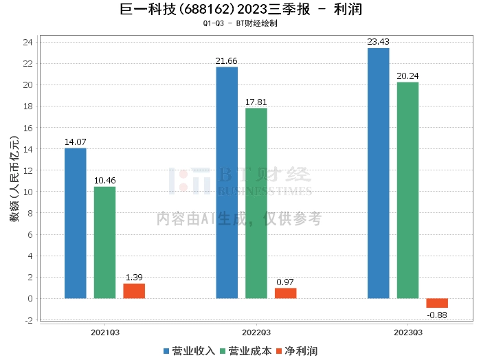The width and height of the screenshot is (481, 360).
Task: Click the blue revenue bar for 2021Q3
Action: [76, 223]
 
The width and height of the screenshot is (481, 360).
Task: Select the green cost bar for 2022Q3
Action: [256, 203]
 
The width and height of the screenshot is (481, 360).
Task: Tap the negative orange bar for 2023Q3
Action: [437, 303]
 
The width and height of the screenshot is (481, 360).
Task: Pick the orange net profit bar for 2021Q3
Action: [134, 291]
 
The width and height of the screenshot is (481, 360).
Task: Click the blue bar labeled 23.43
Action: [378, 173]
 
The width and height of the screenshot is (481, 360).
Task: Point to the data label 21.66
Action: [226, 61]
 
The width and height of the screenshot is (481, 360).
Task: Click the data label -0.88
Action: [437, 315]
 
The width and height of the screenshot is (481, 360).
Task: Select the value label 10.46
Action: [105, 181]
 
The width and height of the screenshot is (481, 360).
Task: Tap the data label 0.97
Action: [285, 282]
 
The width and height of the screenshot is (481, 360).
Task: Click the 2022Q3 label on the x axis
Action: [256, 333]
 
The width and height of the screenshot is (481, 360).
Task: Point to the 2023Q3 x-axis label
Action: [408, 333]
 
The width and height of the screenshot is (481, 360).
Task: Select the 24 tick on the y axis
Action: [28, 43]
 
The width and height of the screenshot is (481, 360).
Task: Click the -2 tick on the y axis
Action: [29, 320]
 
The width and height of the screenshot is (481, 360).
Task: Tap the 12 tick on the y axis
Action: [28, 170]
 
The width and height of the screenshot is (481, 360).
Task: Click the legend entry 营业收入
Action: [189, 351]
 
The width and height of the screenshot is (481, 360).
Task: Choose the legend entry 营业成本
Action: [246, 351]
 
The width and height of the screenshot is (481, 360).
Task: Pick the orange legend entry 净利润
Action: [297, 351]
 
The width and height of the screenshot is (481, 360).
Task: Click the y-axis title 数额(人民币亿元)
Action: [14, 179]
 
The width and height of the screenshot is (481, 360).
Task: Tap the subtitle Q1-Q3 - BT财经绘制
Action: [240, 23]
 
